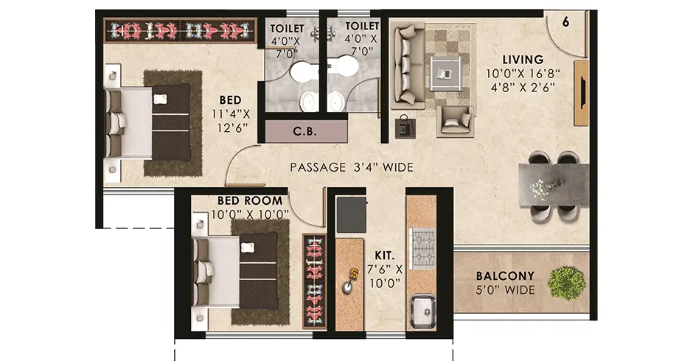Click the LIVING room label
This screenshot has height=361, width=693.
523,60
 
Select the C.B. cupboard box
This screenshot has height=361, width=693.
305,133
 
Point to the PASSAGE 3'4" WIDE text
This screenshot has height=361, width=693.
351,168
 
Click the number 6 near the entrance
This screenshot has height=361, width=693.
565,22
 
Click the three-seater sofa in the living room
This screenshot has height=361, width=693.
406,68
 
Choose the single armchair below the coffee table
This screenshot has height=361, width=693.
455,120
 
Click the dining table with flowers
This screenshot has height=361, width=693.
554,184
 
